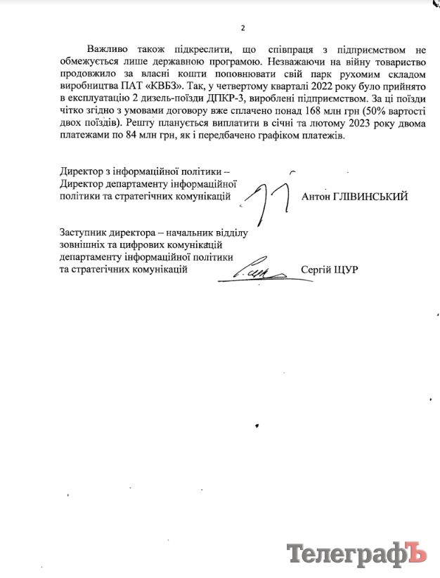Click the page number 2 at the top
pos(242,28)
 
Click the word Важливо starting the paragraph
pos(108,50)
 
